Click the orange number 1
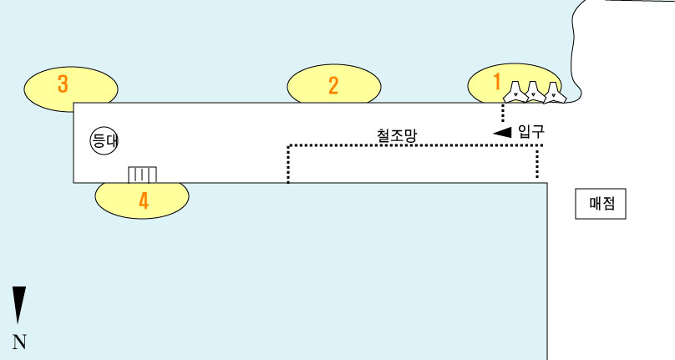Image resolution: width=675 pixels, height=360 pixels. pyautogui.click(x=497, y=82)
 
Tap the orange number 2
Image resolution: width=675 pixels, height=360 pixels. pyautogui.click(x=333, y=85)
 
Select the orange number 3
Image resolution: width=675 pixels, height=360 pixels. pyautogui.click(x=63, y=84)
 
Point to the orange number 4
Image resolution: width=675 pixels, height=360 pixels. pyautogui.click(x=144, y=201)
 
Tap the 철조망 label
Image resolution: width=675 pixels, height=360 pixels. pyautogui.click(x=396, y=134)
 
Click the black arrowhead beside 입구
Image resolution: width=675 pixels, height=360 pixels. pyautogui.click(x=502, y=134)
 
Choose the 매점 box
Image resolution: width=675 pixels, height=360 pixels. pyautogui.click(x=601, y=204)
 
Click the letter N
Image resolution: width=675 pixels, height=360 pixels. pyautogui.click(x=19, y=342)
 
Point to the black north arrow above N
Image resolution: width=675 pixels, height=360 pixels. pyautogui.click(x=18, y=304)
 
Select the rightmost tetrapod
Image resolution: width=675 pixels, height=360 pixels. pyautogui.click(x=553, y=94)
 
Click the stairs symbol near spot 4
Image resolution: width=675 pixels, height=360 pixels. pyautogui.click(x=142, y=175)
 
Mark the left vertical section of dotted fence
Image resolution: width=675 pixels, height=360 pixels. pyautogui.click(x=288, y=165)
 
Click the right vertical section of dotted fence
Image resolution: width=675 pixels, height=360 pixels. pyautogui.click(x=537, y=163)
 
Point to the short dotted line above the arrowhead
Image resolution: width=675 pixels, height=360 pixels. pyautogui.click(x=503, y=112)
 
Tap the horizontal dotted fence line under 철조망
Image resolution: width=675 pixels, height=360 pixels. pyautogui.click(x=414, y=146)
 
